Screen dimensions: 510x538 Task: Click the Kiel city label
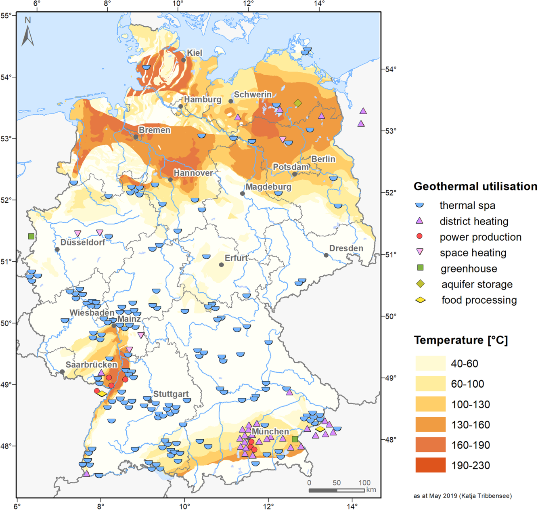click(x=195, y=53)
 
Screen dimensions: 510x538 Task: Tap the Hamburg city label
click(x=203, y=99)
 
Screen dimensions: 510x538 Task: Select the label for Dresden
click(x=346, y=248)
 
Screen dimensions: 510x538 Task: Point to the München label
click(x=270, y=432)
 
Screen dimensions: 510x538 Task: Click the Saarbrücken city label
click(x=91, y=365)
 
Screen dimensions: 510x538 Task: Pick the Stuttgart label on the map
click(x=171, y=394)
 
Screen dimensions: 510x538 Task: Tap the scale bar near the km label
click(x=337, y=490)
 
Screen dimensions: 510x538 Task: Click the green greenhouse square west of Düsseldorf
click(x=31, y=236)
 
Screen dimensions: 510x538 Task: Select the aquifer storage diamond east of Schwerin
click(x=298, y=103)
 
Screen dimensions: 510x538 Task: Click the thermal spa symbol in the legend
click(x=420, y=205)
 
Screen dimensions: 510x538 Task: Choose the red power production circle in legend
click(x=420, y=236)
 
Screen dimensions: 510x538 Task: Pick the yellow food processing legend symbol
click(x=421, y=300)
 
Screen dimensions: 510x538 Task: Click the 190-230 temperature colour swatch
click(x=430, y=465)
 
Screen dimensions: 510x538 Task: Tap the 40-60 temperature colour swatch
click(x=430, y=363)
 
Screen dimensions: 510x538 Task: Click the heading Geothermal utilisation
click(x=475, y=187)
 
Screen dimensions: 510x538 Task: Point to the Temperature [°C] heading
click(x=461, y=340)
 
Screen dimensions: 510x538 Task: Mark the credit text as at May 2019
click(x=462, y=496)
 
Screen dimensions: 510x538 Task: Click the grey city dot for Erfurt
click(x=221, y=265)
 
